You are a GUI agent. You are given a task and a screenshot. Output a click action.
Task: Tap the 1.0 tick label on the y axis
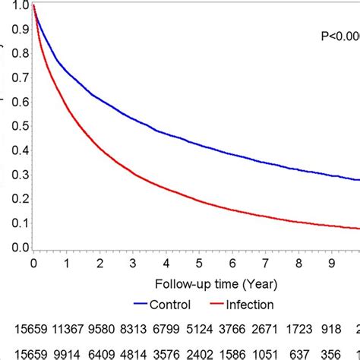click(21, 7)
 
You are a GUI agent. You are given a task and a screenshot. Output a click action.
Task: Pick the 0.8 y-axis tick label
click(21, 55)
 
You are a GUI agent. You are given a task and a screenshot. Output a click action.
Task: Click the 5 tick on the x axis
click(199, 264)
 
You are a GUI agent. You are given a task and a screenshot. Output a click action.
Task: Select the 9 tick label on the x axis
click(331, 264)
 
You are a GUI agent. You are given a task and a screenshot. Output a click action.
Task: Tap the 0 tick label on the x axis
click(33, 264)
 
